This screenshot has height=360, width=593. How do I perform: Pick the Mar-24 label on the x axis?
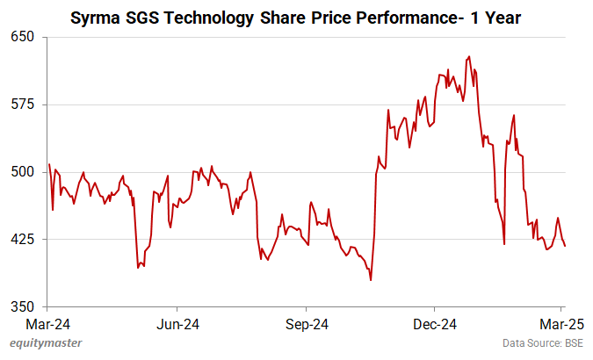(49, 323)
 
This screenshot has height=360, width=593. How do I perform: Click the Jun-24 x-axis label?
(177, 323)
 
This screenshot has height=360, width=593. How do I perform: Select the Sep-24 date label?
(307, 323)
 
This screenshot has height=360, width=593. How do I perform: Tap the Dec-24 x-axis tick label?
(435, 323)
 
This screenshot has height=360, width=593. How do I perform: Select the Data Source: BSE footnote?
(542, 342)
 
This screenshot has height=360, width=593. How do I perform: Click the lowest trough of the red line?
(371, 280)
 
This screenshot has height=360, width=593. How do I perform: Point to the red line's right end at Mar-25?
(565, 246)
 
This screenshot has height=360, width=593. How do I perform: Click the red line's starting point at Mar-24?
(49, 164)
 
